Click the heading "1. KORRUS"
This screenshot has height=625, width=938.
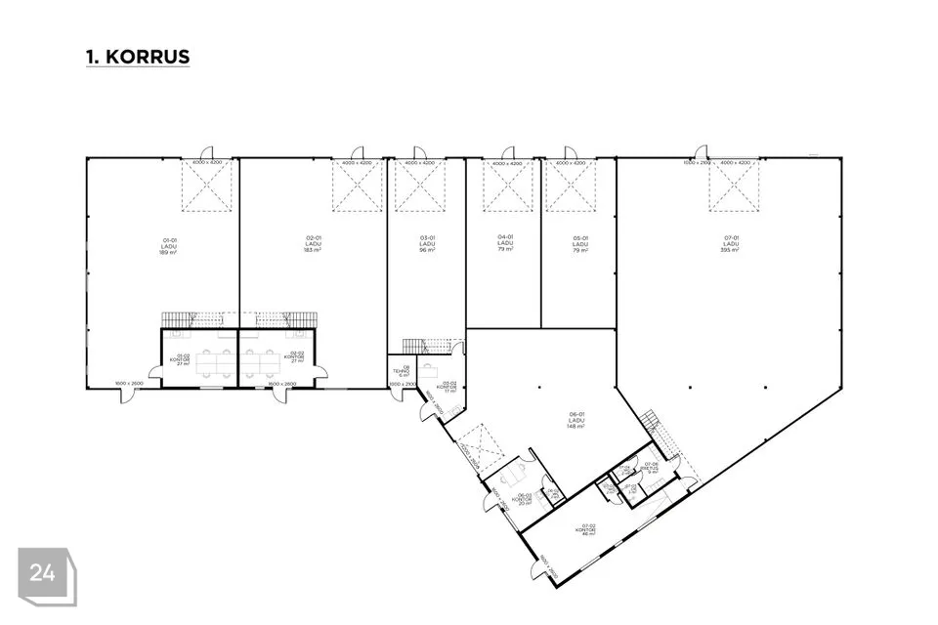click(138, 57)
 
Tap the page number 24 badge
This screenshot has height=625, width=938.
click(43, 573)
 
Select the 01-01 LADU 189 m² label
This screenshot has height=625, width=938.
click(168, 245)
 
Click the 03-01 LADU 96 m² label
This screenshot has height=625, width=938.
click(427, 244)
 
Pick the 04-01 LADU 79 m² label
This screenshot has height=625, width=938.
click(505, 242)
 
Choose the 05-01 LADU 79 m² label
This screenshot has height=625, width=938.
click(579, 244)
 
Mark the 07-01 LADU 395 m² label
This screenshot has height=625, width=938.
click(730, 244)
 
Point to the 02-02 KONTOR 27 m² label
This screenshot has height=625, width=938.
click(294, 356)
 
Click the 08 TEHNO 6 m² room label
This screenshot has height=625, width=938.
click(401, 372)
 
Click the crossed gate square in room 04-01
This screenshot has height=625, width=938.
click(507, 186)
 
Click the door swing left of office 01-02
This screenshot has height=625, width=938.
click(154, 370)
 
